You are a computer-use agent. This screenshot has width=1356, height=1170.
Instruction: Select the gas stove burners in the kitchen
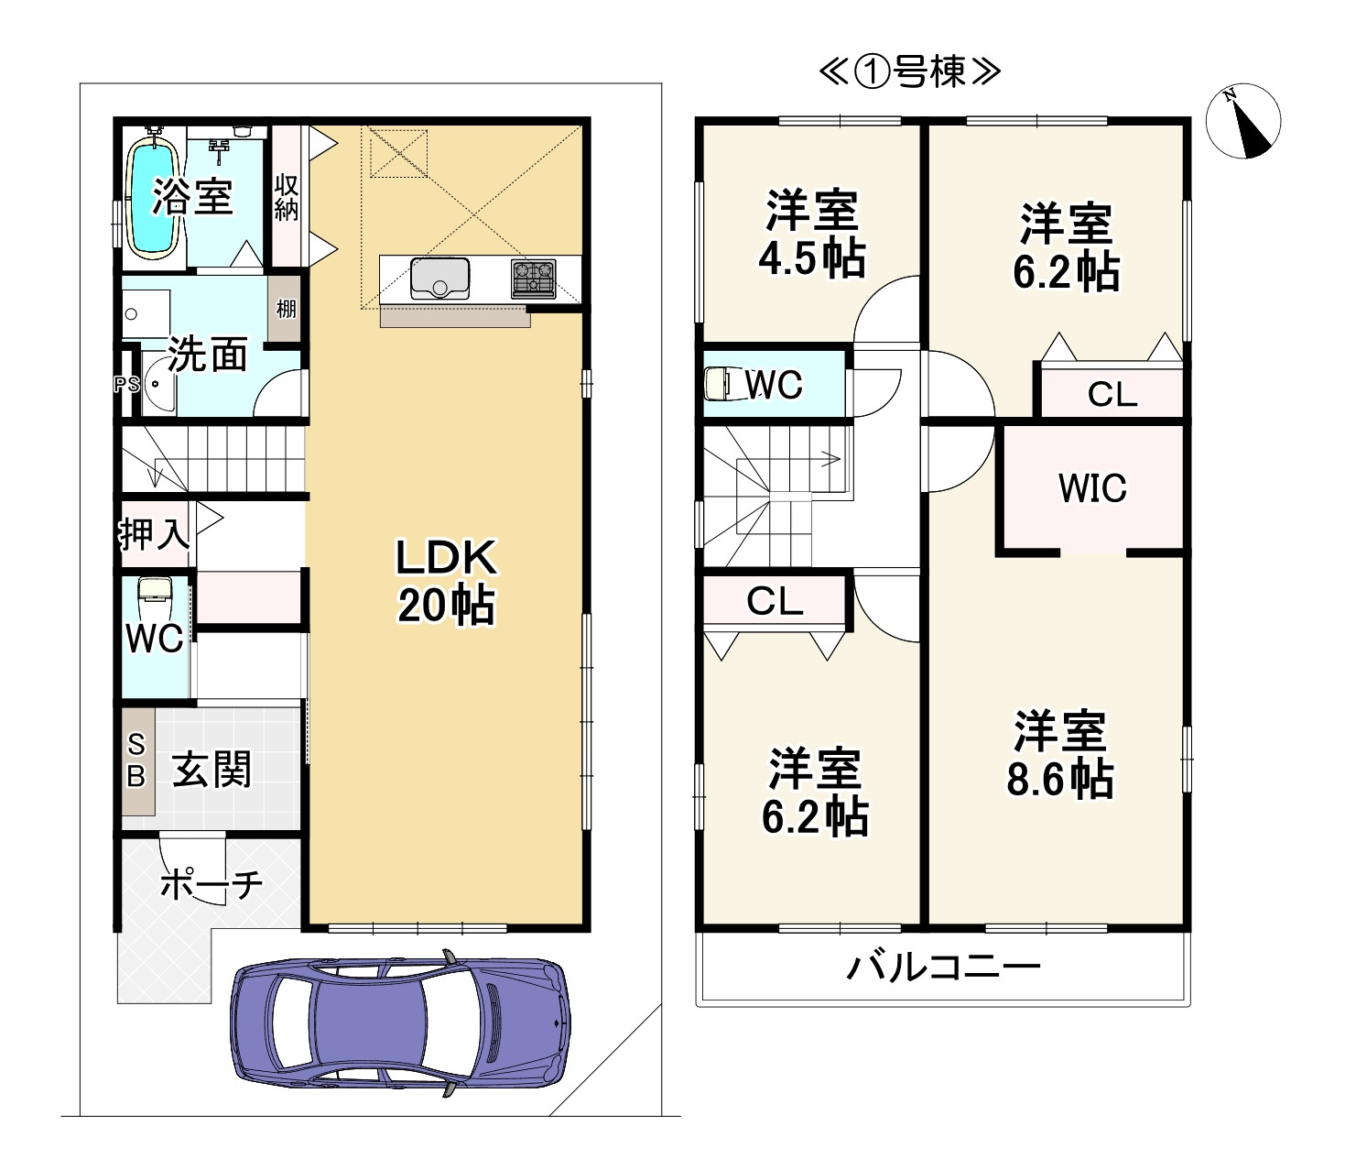(x=534, y=279)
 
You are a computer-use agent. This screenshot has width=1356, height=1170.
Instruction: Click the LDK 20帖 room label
(x=446, y=580)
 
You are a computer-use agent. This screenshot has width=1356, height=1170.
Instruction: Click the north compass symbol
(x=1243, y=121)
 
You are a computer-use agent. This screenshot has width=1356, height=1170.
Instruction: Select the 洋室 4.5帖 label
(x=812, y=234)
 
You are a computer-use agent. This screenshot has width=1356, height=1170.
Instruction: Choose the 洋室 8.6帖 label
(x=1060, y=754)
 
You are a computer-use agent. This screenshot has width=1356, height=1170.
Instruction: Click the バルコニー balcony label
(x=943, y=968)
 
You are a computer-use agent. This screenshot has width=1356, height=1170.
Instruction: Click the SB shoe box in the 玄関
(x=137, y=761)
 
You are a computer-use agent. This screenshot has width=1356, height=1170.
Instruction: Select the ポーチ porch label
(x=212, y=884)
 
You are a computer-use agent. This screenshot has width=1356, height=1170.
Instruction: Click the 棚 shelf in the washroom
(x=285, y=309)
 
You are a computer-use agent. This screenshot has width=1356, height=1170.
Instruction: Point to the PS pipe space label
(x=126, y=384)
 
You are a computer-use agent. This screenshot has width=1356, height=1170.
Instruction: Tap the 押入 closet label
(x=154, y=534)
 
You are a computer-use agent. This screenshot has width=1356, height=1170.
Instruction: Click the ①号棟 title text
(x=909, y=71)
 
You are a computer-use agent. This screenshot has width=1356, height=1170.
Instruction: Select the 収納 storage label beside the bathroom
(x=286, y=197)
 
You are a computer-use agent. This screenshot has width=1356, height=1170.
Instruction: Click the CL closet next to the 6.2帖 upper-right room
(x=1112, y=393)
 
